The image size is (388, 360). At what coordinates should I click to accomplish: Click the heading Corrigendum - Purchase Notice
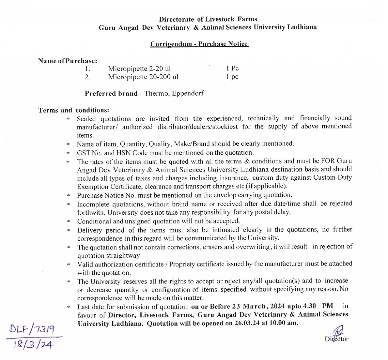[x=199, y=44]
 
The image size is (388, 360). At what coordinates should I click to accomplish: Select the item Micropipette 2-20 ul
[x=139, y=68]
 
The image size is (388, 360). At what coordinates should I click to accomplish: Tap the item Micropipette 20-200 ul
[x=143, y=77]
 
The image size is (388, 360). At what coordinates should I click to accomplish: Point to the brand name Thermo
[x=156, y=93]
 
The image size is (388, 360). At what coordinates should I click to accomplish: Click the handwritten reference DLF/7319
[x=32, y=329]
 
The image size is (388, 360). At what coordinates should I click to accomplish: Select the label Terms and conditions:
[x=73, y=110]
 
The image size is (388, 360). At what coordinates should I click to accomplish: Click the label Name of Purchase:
[x=67, y=61]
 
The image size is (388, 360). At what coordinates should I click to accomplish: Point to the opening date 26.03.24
[x=247, y=323]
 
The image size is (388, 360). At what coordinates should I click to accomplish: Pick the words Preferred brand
[x=111, y=93]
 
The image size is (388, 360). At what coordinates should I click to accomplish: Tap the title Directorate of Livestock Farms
[x=208, y=19]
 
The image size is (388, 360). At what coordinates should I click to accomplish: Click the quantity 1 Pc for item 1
[x=232, y=68]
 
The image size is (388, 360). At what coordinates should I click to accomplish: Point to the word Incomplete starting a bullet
[x=93, y=204]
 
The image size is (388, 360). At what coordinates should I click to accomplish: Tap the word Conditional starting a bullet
[x=94, y=221]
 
